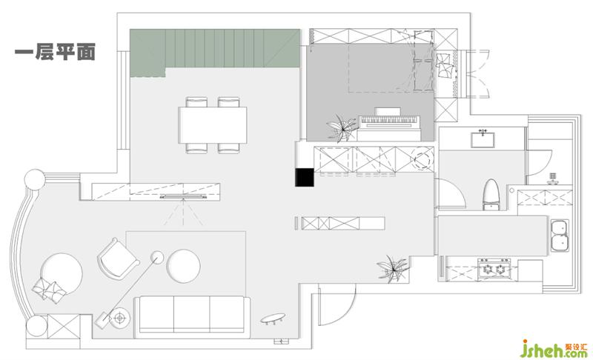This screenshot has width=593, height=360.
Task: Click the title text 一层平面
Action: [x=55, y=52]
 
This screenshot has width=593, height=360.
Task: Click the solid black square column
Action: [x=305, y=177]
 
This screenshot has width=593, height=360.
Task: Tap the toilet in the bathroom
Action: [x=491, y=195]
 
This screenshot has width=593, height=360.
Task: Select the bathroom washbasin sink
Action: [x=483, y=139]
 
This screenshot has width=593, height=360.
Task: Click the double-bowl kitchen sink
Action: [x=560, y=236]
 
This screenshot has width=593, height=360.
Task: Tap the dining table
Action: [x=213, y=125]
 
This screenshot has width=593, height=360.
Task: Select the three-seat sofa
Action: [x=192, y=317]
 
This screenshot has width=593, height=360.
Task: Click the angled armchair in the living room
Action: [x=118, y=259]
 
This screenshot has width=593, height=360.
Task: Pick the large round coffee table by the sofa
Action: [x=183, y=266]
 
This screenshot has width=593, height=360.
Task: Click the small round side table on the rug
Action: [x=157, y=257]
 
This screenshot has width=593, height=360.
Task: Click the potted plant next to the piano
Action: [x=342, y=128]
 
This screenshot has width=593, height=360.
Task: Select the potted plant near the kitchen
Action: [x=394, y=269]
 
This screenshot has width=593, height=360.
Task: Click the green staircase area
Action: [x=215, y=52]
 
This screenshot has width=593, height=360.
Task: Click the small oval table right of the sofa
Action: [x=273, y=318]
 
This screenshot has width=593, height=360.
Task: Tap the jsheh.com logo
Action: [x=554, y=349]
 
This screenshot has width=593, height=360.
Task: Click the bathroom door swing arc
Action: [x=451, y=193]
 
